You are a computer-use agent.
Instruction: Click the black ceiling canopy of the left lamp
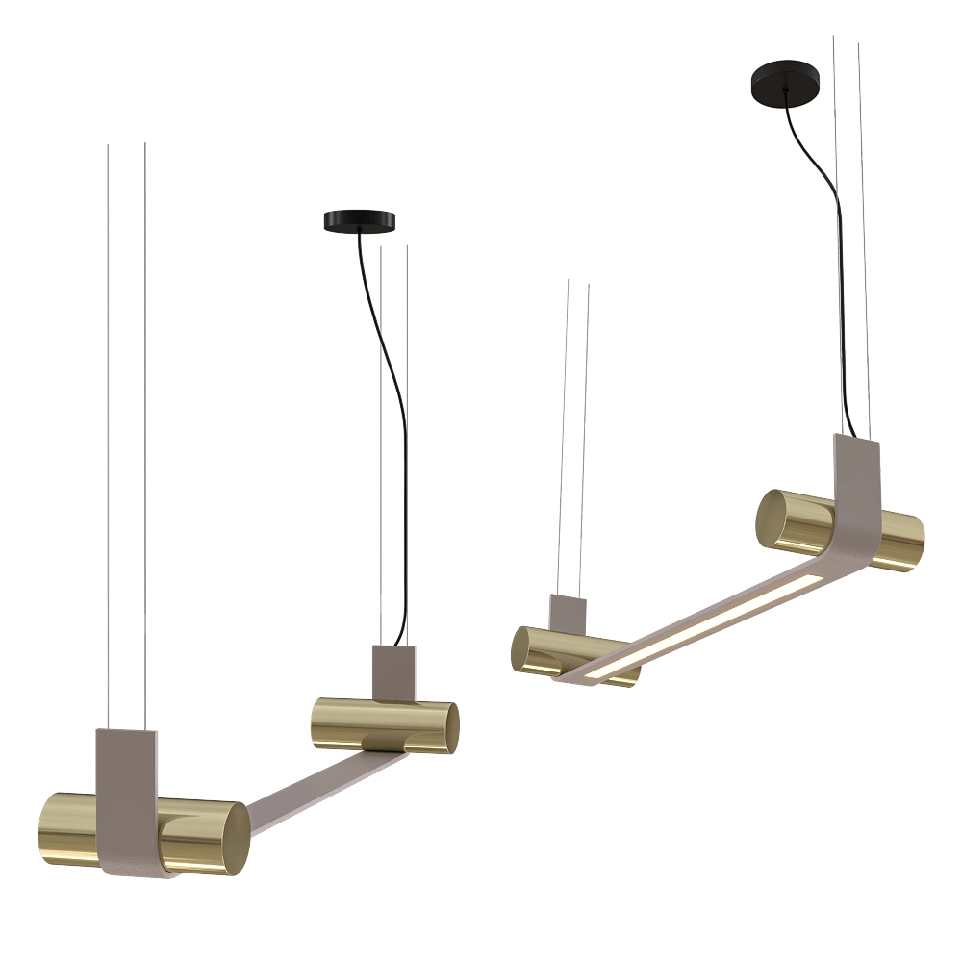[x=362, y=221]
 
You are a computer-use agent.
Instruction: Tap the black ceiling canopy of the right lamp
[x=786, y=81]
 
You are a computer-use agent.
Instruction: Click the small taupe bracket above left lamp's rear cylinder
[x=395, y=669]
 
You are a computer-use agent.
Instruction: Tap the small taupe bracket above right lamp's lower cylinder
[x=567, y=610]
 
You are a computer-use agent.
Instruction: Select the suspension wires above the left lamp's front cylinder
[x=123, y=433]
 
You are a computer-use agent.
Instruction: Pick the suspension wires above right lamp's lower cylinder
[x=576, y=433]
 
